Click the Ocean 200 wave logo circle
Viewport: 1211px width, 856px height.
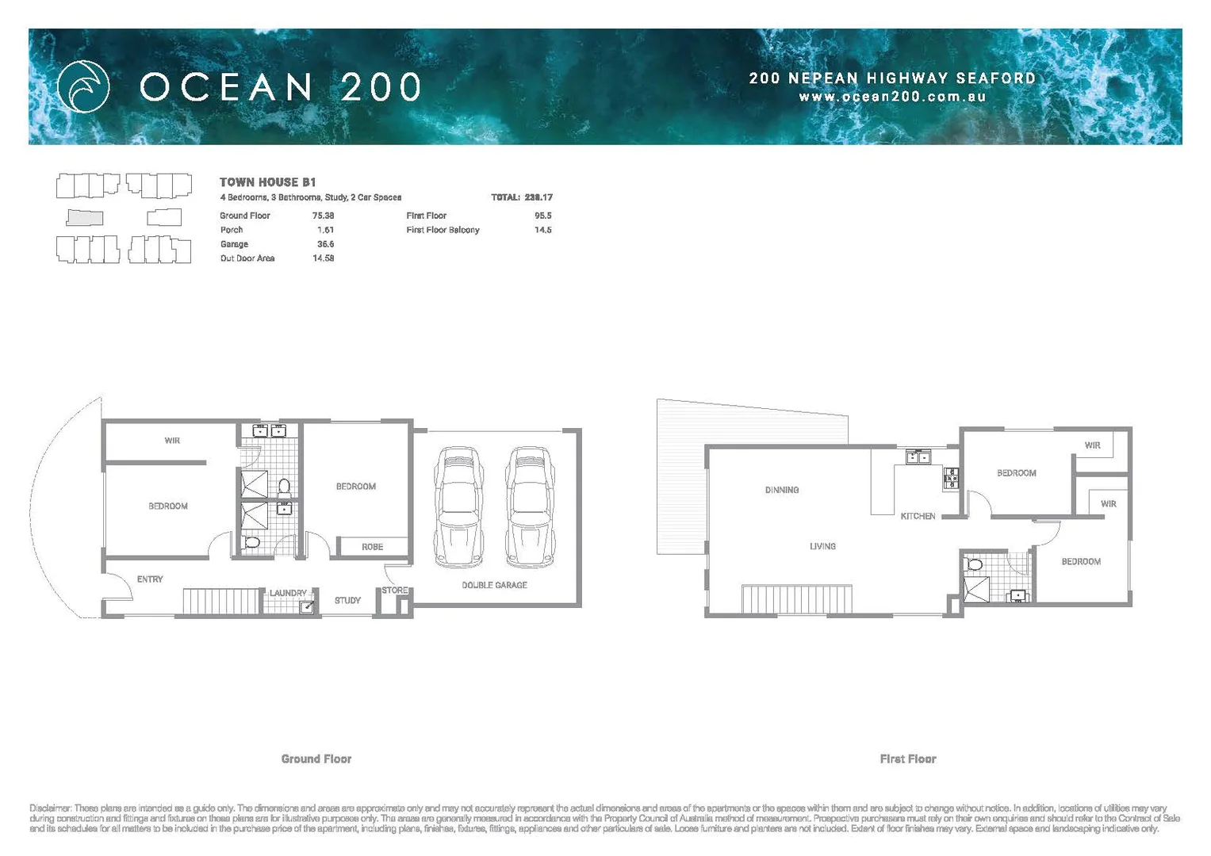coord(83,86)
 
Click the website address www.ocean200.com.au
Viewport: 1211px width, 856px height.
coord(892,97)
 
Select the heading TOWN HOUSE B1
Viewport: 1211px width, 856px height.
coord(267,182)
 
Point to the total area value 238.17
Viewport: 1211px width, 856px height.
coord(538,197)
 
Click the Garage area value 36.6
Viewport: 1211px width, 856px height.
coord(325,244)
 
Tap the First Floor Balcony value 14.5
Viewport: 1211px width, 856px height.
coord(542,230)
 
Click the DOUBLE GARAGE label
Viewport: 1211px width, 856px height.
coord(494,585)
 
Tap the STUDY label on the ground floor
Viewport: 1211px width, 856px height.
coord(347,601)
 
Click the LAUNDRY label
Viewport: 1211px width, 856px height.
coord(287,593)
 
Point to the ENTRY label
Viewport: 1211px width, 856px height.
coord(150,579)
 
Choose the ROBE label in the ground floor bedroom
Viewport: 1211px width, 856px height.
coord(372,547)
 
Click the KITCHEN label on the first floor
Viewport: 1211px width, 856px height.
coord(918,516)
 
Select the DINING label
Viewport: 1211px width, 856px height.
coord(782,490)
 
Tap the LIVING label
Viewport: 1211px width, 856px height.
coord(822,546)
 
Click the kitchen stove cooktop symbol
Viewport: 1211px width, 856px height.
coord(951,478)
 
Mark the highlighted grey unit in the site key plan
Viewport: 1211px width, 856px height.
coord(85,217)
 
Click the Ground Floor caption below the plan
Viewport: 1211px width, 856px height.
coord(316,759)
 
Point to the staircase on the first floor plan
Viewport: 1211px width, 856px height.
coord(797,599)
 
